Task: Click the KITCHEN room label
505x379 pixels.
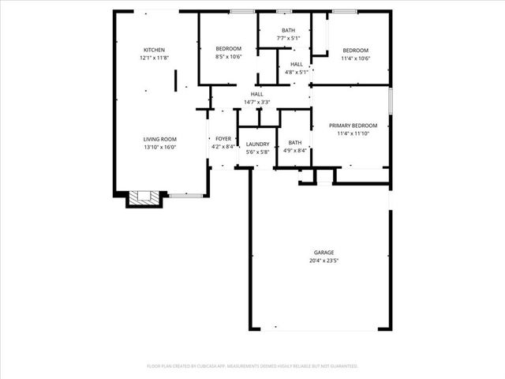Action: pos(154,50)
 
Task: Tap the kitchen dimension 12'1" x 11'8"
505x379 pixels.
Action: pos(154,58)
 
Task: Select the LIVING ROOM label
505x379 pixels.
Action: pos(159,138)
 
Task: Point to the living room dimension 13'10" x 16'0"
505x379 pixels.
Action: pos(159,147)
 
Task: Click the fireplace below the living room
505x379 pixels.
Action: pos(144,198)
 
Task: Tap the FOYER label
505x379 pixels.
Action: pos(223,138)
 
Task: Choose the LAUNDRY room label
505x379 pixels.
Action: pos(257,144)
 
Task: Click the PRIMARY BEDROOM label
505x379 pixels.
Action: pos(353,126)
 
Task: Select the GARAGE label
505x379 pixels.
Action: pos(324,253)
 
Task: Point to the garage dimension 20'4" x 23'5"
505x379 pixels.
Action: pos(324,261)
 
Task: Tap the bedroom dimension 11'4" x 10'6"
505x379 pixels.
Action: pos(355,58)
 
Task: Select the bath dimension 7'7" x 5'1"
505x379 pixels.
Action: pos(289,38)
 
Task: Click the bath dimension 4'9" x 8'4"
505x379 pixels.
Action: pos(295,150)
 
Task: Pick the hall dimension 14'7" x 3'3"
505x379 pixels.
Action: pos(257,102)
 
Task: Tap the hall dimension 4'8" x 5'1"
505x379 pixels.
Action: pos(296,72)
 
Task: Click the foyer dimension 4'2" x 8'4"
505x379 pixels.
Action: pos(223,146)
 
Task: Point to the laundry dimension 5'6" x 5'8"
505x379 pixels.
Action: pos(257,152)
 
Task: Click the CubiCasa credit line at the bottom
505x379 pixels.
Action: pos(252,366)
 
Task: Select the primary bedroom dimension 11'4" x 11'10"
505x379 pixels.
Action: pos(353,133)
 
